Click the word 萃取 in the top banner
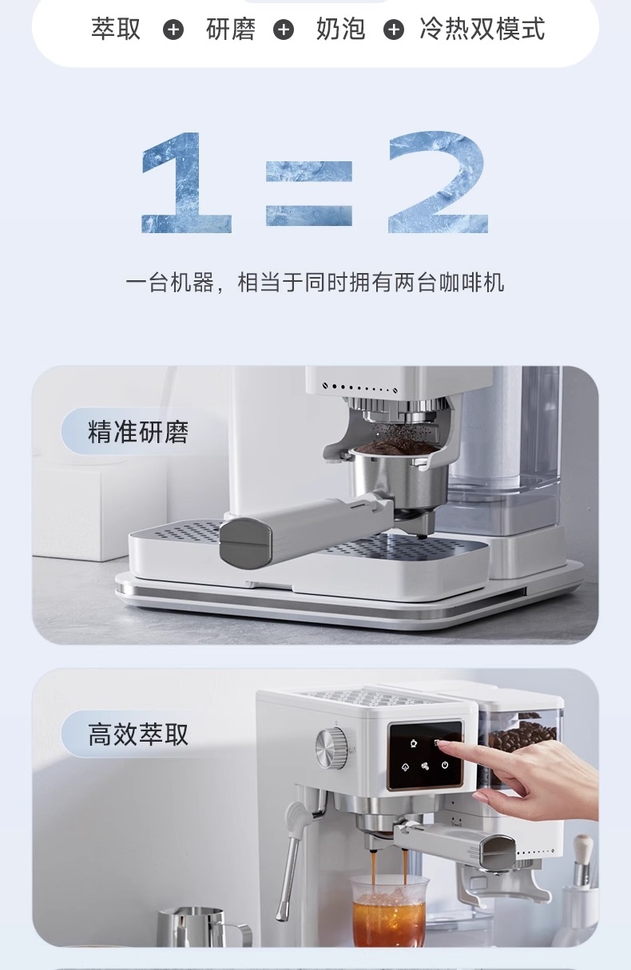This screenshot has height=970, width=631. (x=116, y=29)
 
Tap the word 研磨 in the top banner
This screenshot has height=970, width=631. (x=231, y=29)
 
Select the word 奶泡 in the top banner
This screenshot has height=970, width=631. (x=340, y=29)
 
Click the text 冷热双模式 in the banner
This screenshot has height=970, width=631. (x=482, y=29)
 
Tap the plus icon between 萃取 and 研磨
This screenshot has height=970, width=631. (x=173, y=30)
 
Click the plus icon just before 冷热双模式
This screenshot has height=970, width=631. (x=394, y=30)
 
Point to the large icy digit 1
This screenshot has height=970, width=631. (x=186, y=182)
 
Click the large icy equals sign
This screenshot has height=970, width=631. (x=309, y=193)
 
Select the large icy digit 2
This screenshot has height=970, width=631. (x=439, y=182)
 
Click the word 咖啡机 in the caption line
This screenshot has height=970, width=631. (x=471, y=283)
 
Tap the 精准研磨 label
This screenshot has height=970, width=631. (x=138, y=431)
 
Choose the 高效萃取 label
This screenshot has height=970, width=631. (x=138, y=734)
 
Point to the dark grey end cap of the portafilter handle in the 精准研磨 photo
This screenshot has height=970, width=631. (x=246, y=542)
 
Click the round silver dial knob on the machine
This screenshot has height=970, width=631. (x=331, y=748)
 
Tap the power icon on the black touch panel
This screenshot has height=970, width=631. (x=445, y=765)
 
